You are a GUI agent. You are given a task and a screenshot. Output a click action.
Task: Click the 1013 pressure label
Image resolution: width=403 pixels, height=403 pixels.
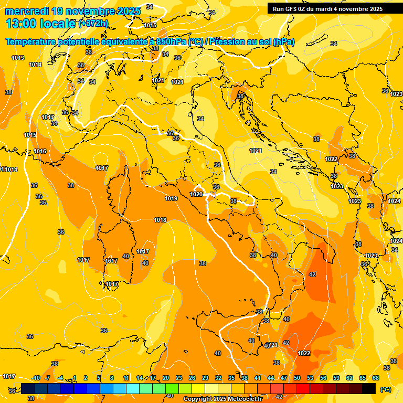[18, 58]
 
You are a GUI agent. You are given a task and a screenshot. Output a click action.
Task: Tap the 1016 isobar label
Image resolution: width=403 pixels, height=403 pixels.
[40, 151]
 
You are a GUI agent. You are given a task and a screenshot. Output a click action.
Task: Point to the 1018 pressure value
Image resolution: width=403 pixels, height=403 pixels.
[160, 220]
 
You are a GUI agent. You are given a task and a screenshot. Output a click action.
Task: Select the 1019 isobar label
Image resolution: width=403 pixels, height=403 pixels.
[171, 198]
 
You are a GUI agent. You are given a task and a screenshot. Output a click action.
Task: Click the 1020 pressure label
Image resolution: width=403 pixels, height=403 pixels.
[196, 194]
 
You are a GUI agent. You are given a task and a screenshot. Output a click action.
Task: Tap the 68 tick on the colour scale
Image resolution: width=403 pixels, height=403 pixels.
[376, 378]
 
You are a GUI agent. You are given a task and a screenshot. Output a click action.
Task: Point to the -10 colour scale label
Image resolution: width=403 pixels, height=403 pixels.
[36, 378]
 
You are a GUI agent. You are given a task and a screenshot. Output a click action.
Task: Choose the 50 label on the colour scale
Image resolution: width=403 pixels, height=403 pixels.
[297, 378]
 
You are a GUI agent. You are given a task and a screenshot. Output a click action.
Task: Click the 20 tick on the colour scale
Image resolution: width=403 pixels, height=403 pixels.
[166, 378]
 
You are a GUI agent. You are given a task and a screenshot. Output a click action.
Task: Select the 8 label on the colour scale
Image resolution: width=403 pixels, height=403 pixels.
[112, 378]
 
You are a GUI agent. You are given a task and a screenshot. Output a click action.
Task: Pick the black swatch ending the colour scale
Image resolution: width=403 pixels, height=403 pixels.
[369, 388]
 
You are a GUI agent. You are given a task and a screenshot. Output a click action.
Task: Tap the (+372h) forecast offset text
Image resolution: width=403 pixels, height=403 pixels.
[93, 23]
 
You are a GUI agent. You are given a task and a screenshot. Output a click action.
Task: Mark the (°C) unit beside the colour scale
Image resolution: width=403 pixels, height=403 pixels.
[386, 389]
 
